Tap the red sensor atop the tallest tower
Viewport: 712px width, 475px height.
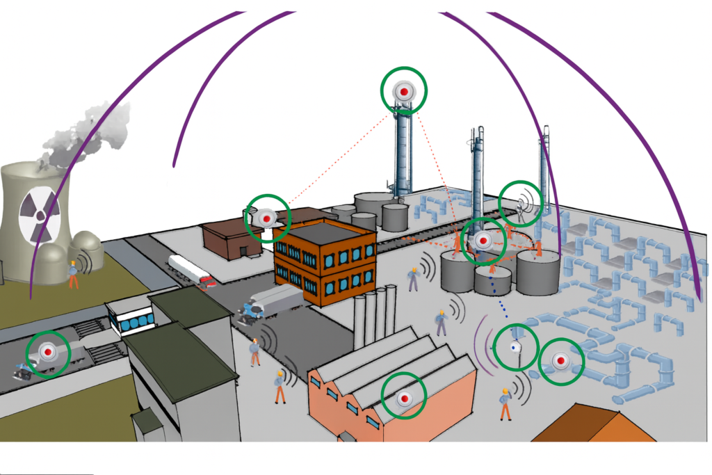[x=403, y=91]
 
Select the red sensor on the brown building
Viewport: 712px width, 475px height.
[x=266, y=218]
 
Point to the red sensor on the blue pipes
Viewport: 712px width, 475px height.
[x=561, y=361]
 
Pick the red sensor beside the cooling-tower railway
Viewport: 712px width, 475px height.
[x=48, y=353]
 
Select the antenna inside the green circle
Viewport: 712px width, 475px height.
[x=521, y=203]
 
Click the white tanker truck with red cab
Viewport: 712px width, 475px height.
[x=189, y=270]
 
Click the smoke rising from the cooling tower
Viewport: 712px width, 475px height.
[x=83, y=136]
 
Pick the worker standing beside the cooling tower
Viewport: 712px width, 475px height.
[x=73, y=274]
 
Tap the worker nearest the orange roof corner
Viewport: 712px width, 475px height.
[x=505, y=404]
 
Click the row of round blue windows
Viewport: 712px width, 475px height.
[x=133, y=322]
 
